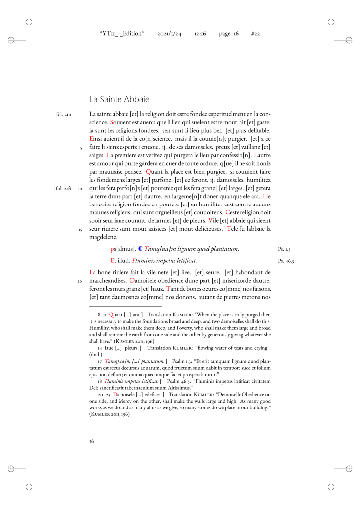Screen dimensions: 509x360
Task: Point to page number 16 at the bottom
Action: click(x=92, y=441)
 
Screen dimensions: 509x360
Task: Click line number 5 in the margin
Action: click(x=80, y=147)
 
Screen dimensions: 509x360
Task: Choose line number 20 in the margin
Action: click(x=79, y=281)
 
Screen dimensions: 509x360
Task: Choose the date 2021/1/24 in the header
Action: click(x=172, y=34)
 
